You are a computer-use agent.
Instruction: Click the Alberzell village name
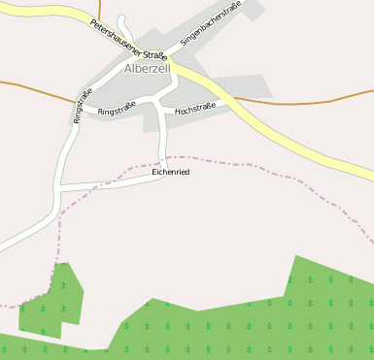[149, 69]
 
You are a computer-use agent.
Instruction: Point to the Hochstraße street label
[195, 110]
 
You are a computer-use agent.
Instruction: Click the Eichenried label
[171, 172]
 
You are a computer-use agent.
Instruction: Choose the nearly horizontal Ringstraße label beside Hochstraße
[117, 112]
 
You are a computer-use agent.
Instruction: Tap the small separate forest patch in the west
[53, 301]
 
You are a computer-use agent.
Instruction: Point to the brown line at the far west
[29, 88]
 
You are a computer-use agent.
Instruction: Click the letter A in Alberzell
[129, 69]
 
